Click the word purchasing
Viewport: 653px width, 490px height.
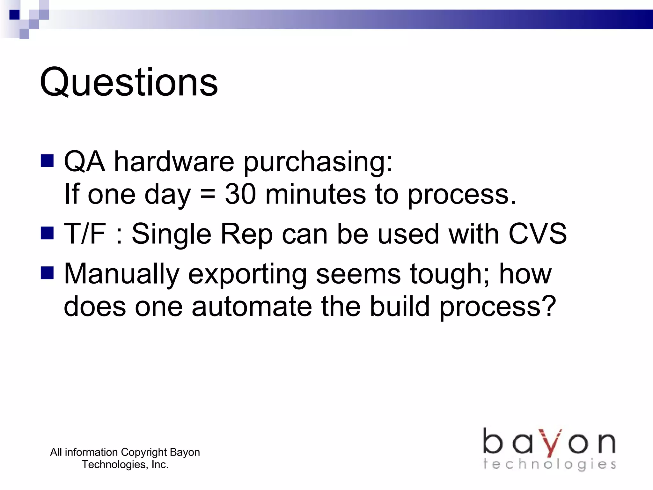(x=318, y=162)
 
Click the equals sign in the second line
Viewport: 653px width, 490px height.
(x=208, y=195)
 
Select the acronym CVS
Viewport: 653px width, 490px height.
(x=538, y=234)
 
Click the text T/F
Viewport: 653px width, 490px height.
(x=84, y=234)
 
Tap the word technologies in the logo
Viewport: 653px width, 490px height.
(x=549, y=464)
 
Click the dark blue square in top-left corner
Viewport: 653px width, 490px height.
(x=14, y=15)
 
